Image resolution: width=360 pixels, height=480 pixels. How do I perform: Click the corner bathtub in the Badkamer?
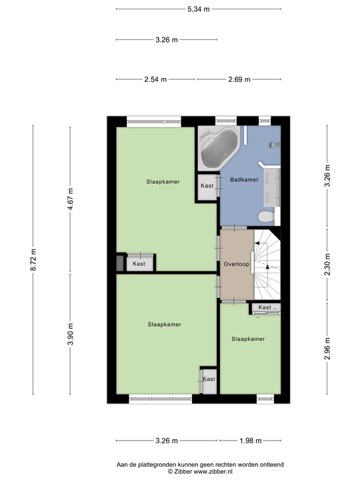pos(217,148)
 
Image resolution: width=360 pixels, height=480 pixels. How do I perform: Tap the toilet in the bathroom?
pos(266,217)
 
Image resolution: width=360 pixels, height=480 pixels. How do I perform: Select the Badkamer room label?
pos(244,180)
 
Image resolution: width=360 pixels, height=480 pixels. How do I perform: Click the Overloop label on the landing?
pos(236,264)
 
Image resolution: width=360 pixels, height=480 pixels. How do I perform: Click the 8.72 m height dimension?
pos(33,259)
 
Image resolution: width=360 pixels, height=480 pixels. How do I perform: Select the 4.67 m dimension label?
pos(70,199)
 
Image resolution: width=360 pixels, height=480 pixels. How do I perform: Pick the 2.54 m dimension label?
pos(156,79)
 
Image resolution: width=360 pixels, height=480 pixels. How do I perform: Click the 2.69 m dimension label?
pos(239,79)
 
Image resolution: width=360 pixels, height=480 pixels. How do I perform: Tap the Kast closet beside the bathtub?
pos(207,186)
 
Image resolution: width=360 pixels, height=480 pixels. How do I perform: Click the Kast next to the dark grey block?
pos(139,264)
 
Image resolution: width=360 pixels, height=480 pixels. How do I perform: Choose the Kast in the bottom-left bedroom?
pos(208,379)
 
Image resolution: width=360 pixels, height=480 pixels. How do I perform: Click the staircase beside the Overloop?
pos(266,262)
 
